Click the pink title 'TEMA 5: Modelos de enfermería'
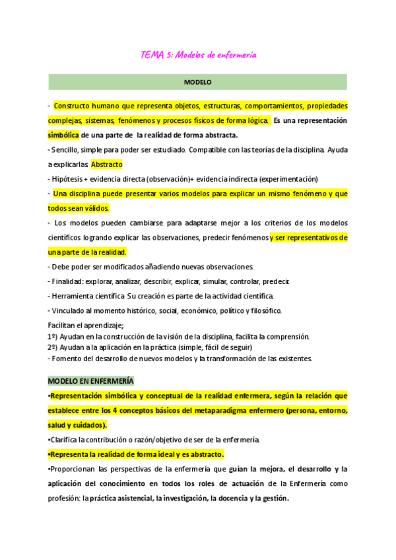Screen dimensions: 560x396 (199, 55)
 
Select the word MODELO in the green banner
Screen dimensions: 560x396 (197, 83)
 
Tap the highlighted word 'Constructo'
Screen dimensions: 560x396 (74, 106)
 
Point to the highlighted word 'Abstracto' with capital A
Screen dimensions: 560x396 (106, 164)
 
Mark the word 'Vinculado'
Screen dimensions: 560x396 (69, 310)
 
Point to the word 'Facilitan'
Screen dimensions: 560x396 (63, 326)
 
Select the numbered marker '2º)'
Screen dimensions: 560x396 (53, 347)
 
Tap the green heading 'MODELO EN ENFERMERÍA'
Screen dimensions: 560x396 (90, 381)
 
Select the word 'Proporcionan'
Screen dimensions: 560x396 (76, 469)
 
